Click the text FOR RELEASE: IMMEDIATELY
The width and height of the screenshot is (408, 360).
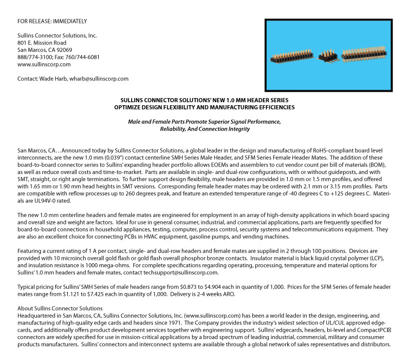(52, 21)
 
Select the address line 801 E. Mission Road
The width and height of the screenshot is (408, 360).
(42, 43)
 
